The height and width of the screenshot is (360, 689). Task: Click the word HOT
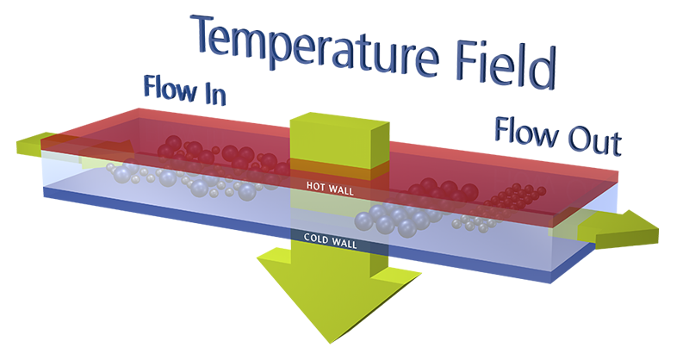pyautogui.click(x=315, y=185)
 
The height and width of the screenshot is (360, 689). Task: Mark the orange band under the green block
pyautogui.click(x=340, y=169)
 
